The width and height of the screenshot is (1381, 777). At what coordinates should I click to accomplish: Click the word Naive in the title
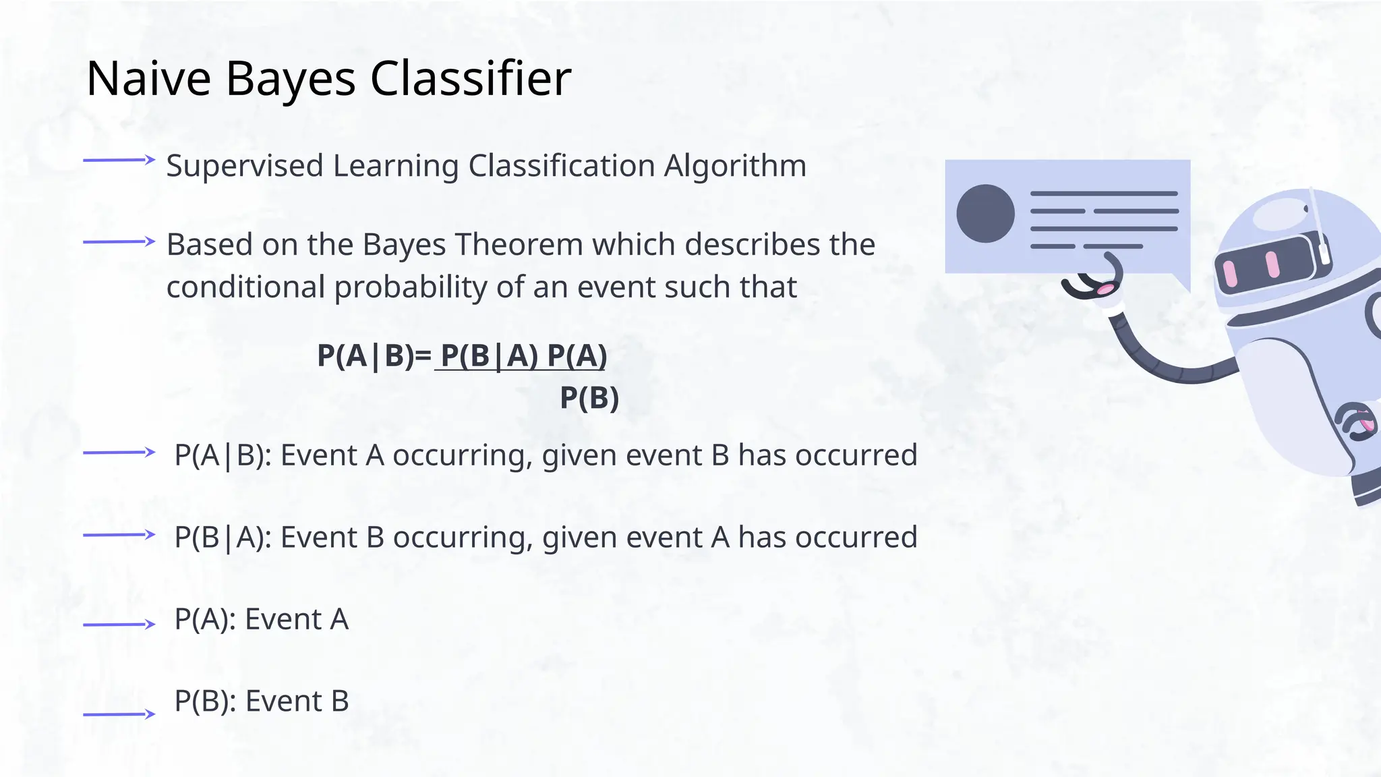(x=149, y=79)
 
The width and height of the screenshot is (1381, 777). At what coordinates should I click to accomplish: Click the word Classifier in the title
(x=471, y=79)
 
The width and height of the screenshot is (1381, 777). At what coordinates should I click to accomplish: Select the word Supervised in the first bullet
(x=245, y=166)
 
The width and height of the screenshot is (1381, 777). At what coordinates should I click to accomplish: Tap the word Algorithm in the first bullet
(x=735, y=166)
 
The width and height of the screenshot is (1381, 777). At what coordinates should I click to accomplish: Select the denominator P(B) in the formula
(x=589, y=398)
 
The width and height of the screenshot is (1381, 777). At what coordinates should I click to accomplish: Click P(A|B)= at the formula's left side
(x=374, y=355)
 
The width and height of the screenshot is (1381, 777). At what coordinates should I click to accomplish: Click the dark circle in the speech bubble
(x=985, y=213)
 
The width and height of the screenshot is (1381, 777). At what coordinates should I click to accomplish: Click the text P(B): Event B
(x=262, y=701)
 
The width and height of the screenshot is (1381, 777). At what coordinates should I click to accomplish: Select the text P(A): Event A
(x=262, y=619)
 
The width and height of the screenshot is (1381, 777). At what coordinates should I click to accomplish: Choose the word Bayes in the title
(x=290, y=79)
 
